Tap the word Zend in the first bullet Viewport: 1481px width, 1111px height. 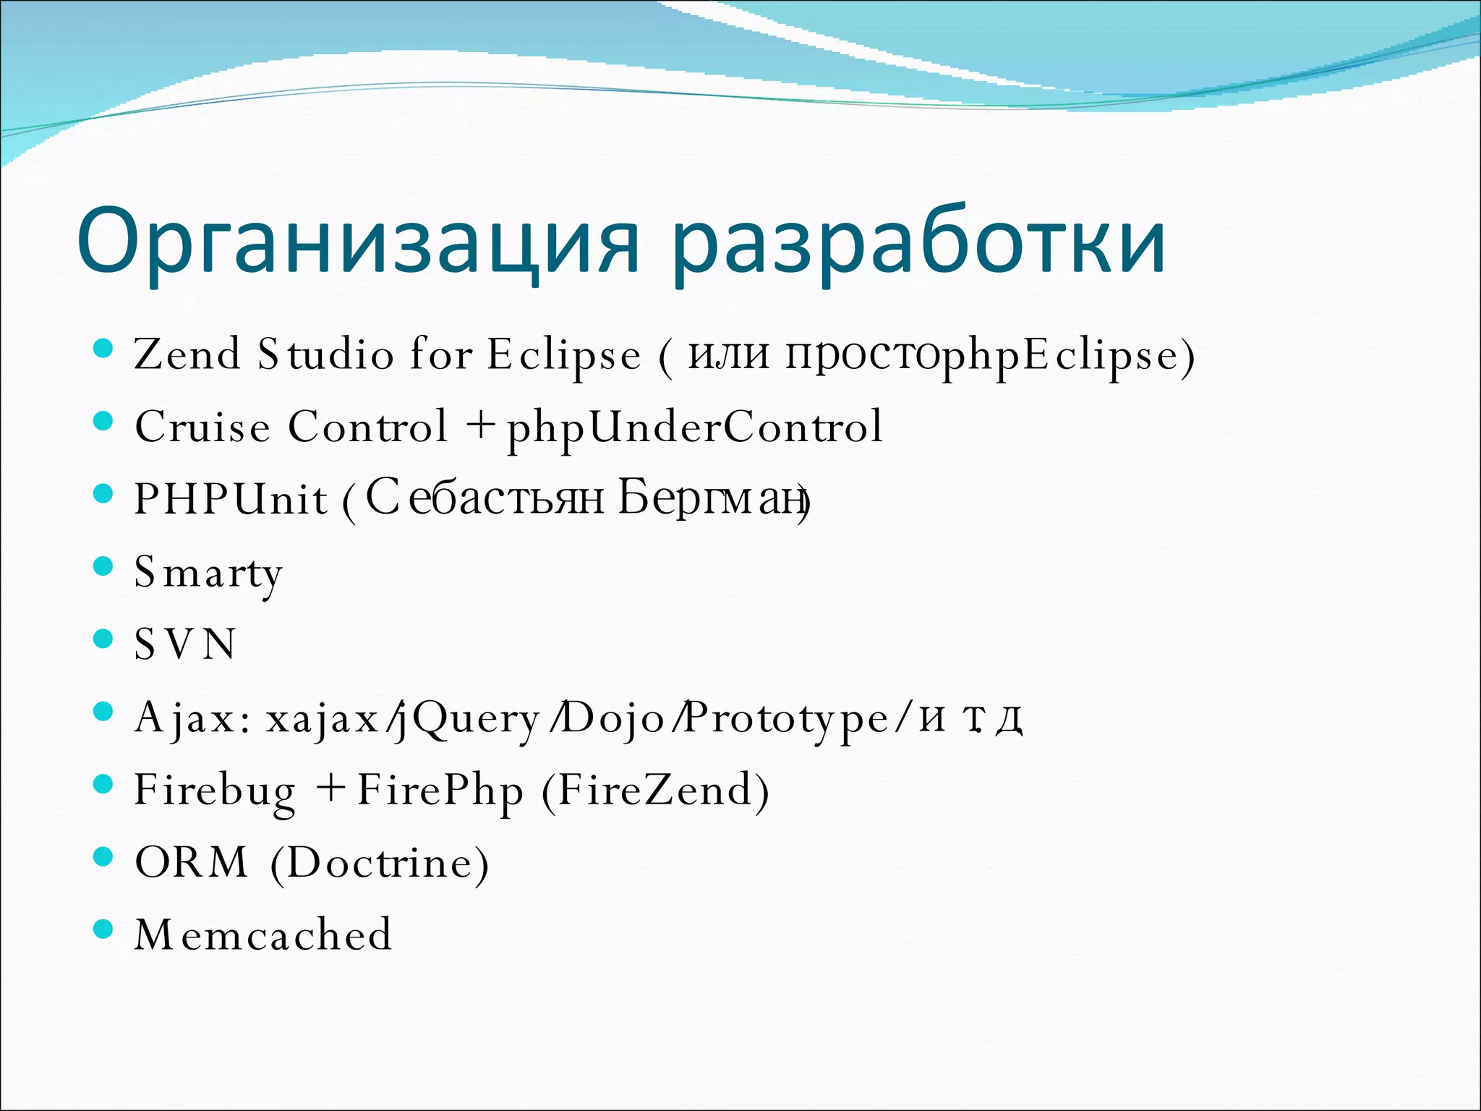(187, 354)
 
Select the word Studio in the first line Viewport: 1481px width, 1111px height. (326, 354)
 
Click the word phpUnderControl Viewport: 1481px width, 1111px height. (694, 427)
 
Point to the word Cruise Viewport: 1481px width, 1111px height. (202, 427)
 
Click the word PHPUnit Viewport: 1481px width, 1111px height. (231, 499)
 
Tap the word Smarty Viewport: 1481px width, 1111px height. (208, 573)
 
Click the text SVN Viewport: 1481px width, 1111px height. (185, 644)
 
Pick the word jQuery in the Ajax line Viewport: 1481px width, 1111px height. (470, 718)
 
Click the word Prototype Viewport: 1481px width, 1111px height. (785, 718)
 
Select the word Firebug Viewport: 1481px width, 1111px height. (215, 790)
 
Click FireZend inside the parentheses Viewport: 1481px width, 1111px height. (655, 790)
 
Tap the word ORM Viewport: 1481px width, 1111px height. (192, 862)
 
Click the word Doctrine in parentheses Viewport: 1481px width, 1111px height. (380, 862)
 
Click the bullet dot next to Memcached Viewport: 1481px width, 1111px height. (104, 929)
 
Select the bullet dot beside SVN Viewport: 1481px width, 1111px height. (104, 639)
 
